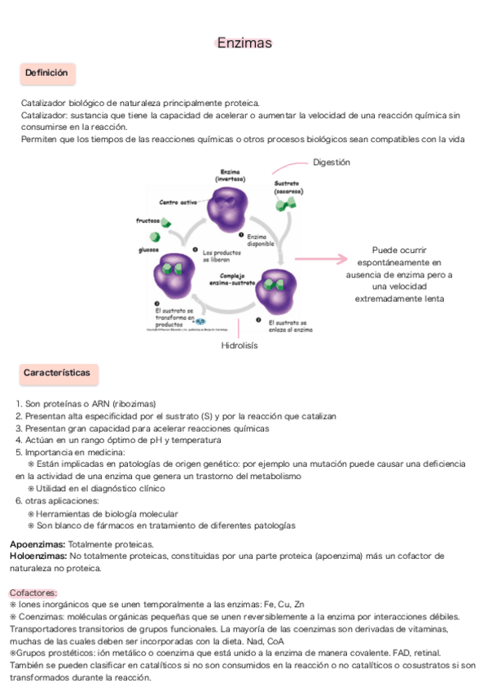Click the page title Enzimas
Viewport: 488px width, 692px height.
(x=244, y=42)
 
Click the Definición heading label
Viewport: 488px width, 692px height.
(x=46, y=73)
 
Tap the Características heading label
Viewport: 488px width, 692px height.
(x=56, y=373)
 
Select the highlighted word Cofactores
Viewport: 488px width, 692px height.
(x=33, y=592)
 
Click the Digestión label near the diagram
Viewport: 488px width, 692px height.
(x=331, y=162)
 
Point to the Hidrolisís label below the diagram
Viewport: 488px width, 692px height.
(x=240, y=346)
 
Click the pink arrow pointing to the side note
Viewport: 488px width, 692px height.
(x=321, y=259)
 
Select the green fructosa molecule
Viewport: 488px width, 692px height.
(x=166, y=223)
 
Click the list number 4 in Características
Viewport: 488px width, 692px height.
(x=18, y=441)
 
